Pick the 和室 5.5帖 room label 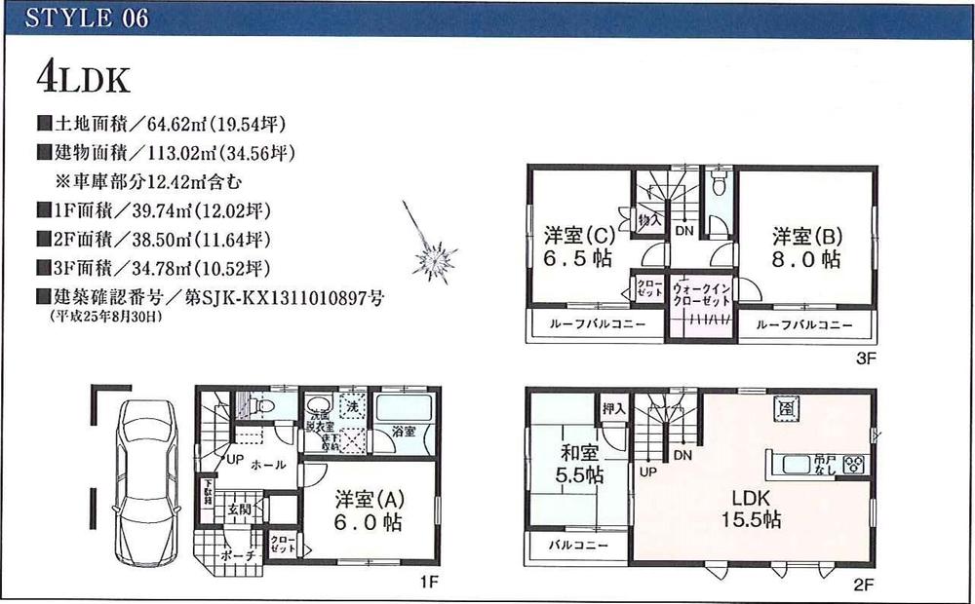click(580, 464)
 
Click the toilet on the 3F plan click(721, 183)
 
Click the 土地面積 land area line click(162, 125)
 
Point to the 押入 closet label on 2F click(612, 409)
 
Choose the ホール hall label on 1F click(269, 466)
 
